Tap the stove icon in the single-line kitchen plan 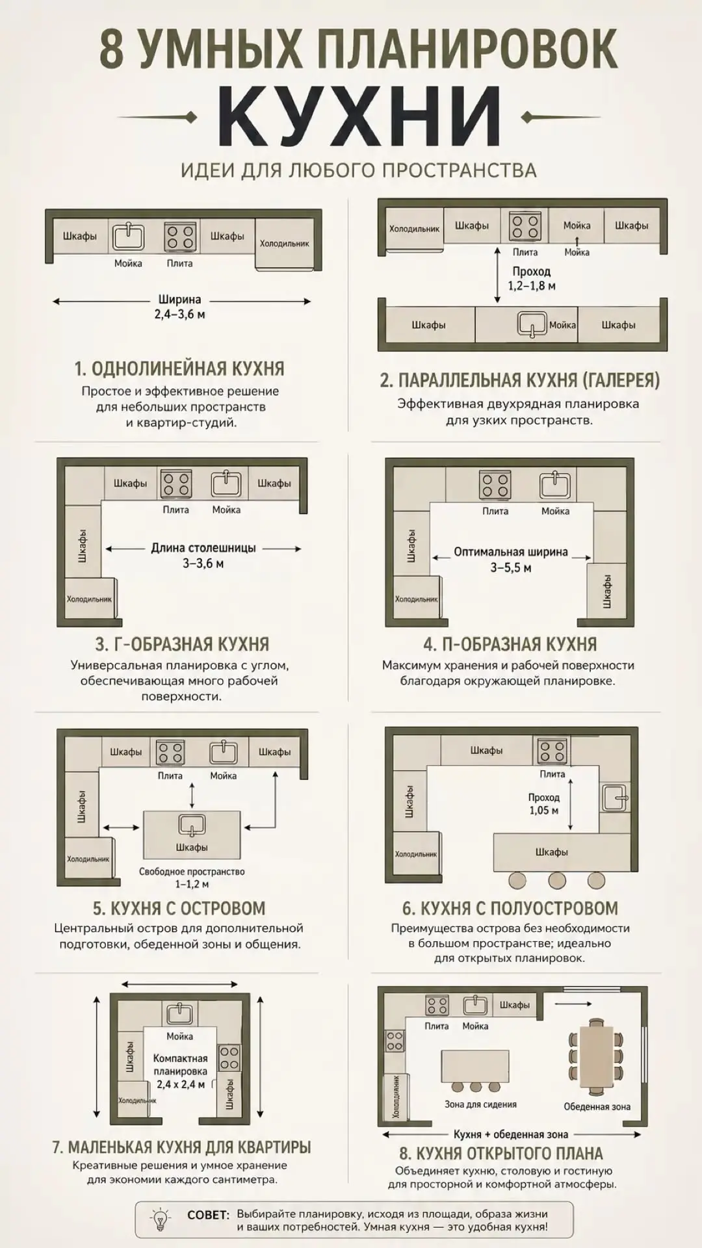181,237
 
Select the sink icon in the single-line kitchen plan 129,237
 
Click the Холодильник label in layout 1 284,244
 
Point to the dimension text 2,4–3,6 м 181,315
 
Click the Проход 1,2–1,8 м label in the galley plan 532,278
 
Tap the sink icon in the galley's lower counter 532,324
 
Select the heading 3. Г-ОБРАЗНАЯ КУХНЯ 182,644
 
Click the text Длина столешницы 203,548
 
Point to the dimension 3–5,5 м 511,568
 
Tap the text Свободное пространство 192,872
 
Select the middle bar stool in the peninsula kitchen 557,880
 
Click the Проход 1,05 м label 544,804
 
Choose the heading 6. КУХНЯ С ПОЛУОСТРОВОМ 510,908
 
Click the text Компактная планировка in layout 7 180,1065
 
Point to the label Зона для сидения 481,1104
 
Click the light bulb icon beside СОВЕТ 160,1219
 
